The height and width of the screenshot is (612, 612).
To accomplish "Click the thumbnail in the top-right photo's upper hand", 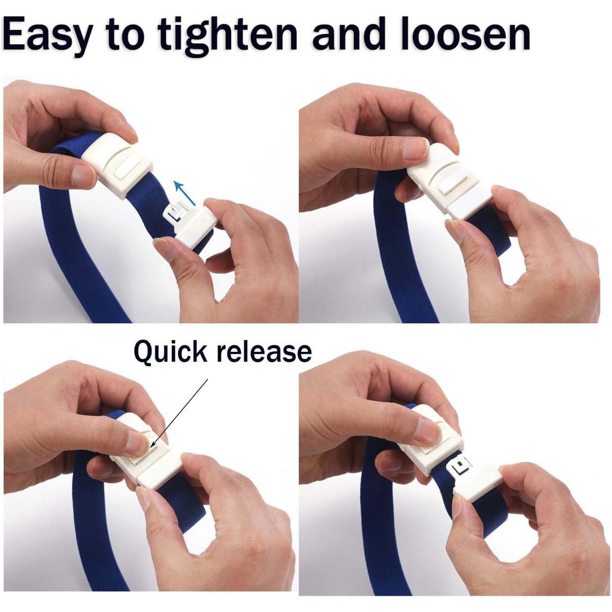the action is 416,148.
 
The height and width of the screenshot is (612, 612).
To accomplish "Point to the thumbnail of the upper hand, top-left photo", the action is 83,175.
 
